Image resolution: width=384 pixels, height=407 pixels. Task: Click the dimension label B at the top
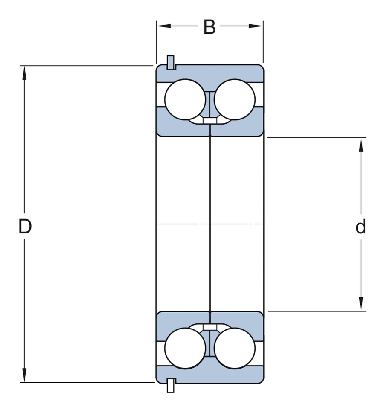[209, 27]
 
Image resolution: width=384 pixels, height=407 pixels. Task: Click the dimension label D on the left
[25, 227]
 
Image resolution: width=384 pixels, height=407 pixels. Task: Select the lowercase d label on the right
[361, 227]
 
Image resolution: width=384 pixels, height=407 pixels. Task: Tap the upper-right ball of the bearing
[235, 99]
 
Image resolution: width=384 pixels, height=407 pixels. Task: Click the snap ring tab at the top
[171, 62]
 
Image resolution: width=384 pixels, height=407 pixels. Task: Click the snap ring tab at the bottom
[171, 385]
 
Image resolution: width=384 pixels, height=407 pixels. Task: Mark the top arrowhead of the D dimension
[25, 72]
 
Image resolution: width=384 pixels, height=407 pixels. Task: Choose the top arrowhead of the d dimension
[361, 144]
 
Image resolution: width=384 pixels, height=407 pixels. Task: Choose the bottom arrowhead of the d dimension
[361, 304]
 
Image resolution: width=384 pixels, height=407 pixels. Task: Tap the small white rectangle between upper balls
[209, 121]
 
